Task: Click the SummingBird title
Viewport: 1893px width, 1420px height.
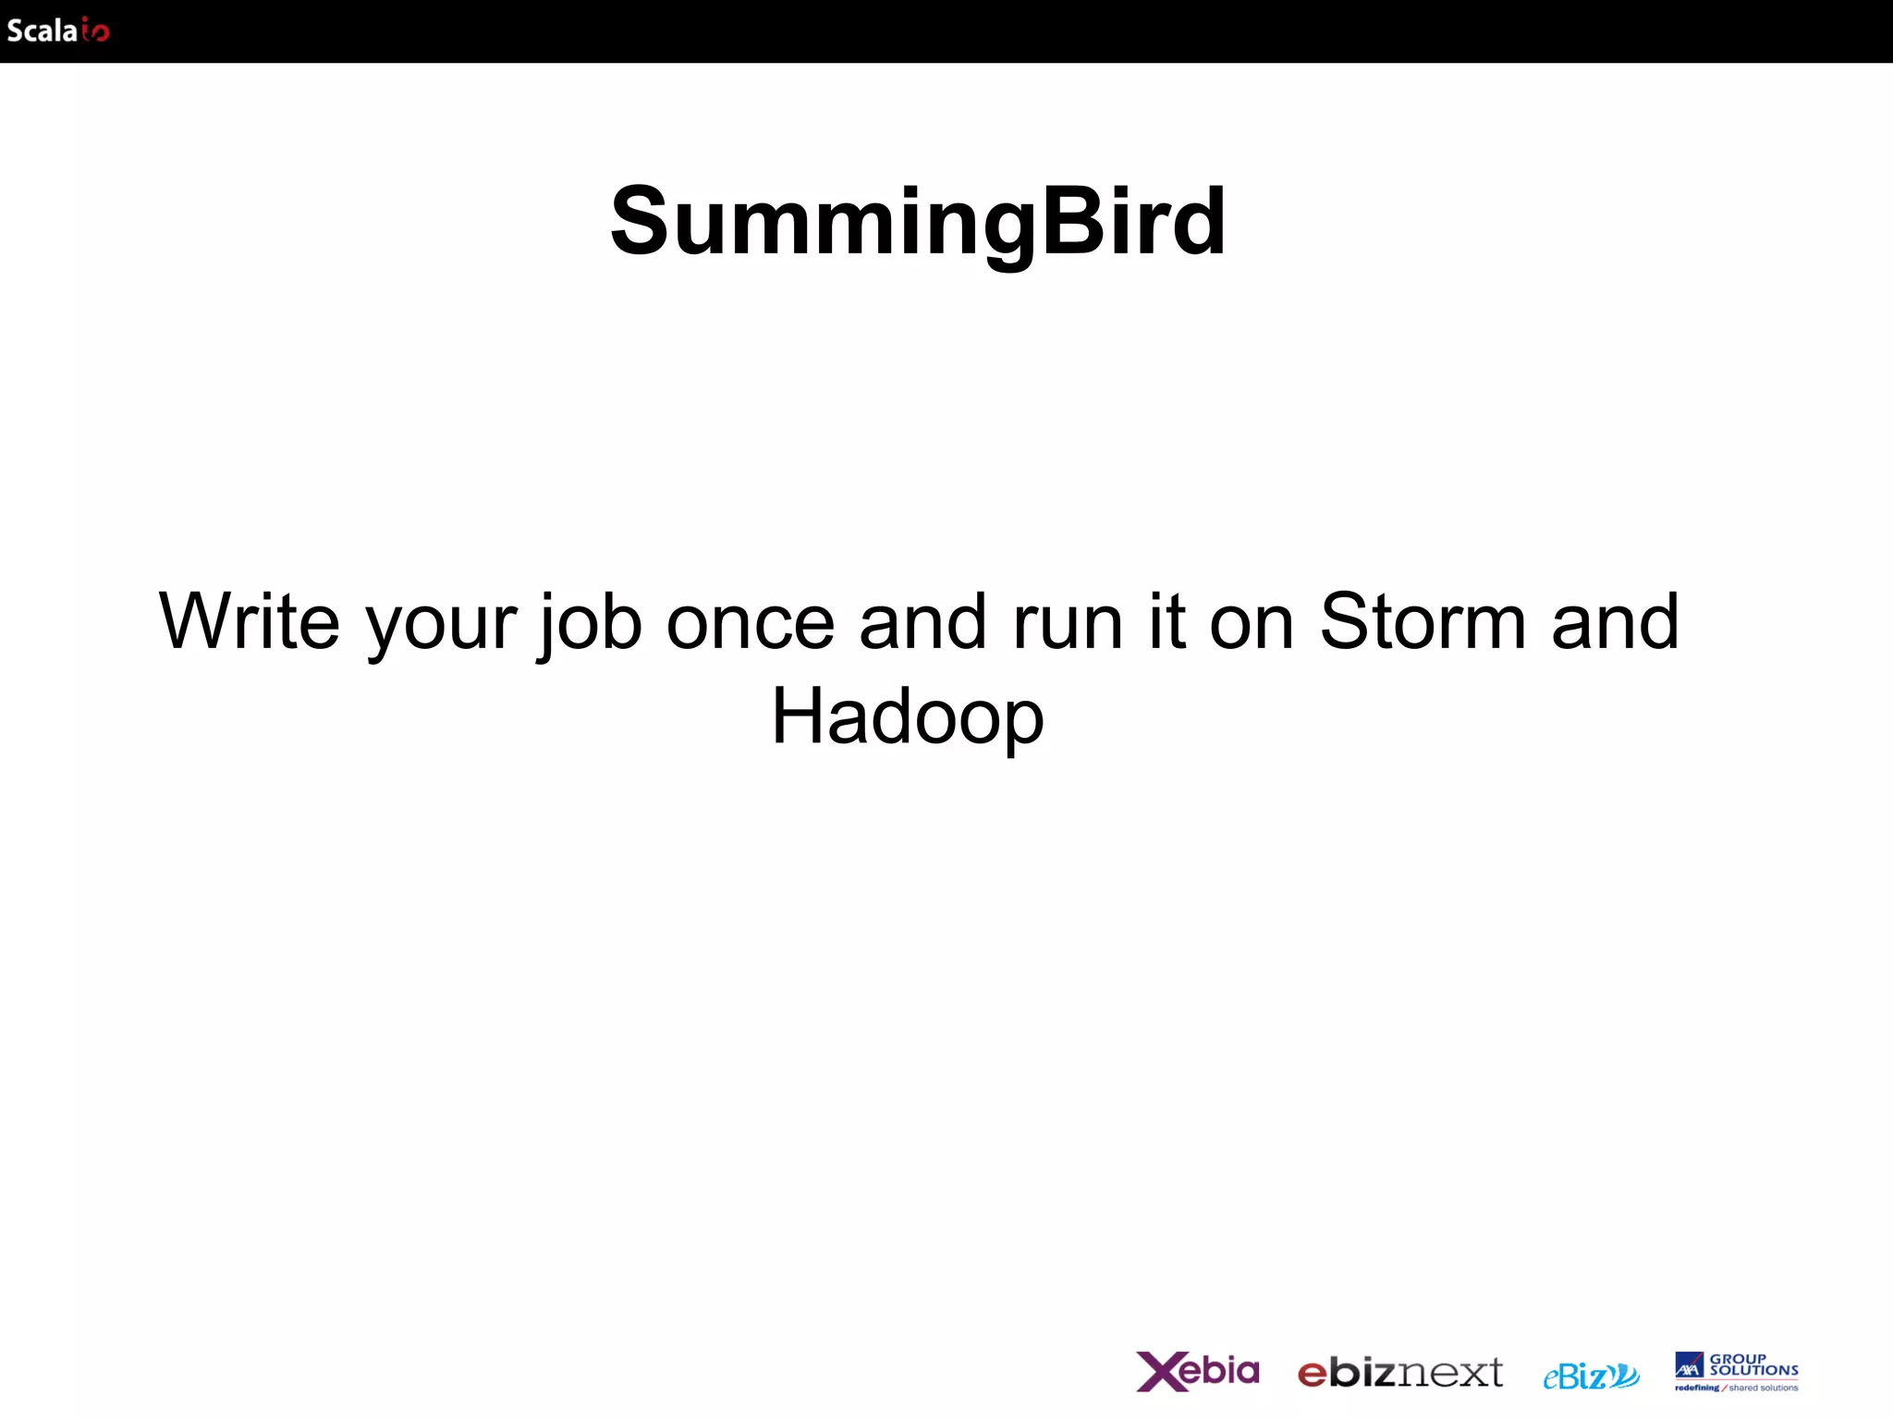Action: click(918, 222)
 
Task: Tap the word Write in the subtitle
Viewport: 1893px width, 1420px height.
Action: click(250, 621)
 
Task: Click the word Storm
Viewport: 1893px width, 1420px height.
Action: click(1422, 621)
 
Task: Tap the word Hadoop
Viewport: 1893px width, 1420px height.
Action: click(908, 718)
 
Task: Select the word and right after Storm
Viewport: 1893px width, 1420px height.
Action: click(1615, 621)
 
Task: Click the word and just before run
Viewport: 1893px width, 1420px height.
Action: click(922, 621)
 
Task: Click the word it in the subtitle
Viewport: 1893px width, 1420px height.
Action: click(1167, 621)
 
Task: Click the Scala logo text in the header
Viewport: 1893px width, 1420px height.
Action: click(42, 31)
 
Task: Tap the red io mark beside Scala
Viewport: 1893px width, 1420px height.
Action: click(95, 32)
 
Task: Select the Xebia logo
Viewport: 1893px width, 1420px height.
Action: click(1198, 1371)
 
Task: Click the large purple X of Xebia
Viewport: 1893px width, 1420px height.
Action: click(1159, 1372)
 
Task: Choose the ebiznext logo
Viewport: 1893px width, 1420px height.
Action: click(1399, 1374)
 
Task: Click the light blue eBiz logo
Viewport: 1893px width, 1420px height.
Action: click(1591, 1377)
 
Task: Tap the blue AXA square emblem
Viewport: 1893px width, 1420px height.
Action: click(1689, 1365)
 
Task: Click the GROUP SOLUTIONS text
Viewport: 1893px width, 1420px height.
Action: click(1753, 1365)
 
